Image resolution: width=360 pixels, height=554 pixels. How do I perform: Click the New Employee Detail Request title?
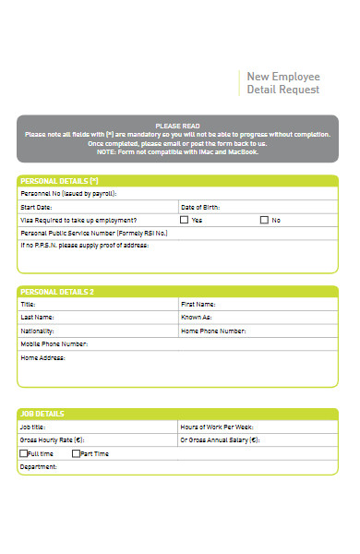coord(282,83)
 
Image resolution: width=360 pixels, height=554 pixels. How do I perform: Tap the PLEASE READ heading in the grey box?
coord(177,126)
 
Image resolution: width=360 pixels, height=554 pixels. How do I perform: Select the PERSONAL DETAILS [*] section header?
coord(59,181)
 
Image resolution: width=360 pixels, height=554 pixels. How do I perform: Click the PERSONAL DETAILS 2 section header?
coord(57,292)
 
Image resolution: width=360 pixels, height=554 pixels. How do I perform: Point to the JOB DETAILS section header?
coord(42,415)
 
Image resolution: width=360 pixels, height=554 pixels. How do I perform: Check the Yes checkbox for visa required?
coord(184,221)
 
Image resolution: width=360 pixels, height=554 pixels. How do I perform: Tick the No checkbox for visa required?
coord(264,221)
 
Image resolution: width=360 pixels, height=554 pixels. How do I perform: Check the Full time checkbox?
coord(23,454)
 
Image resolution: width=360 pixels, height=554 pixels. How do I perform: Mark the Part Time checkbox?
coord(77,454)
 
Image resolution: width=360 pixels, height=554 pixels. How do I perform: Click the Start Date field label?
coord(36,208)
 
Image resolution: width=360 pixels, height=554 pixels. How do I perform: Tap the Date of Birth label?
coord(202,208)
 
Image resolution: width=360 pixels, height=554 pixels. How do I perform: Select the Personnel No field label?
coord(68,195)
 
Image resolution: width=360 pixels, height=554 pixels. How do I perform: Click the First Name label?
coord(198,304)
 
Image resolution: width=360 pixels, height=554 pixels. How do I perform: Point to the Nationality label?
coord(37,331)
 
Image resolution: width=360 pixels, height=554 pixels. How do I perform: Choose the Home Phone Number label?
coord(213,331)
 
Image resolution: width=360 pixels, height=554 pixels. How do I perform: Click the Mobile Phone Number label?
coord(54,344)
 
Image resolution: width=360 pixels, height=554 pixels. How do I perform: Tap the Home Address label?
coord(42,357)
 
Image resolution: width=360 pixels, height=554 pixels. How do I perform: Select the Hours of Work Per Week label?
coord(217,428)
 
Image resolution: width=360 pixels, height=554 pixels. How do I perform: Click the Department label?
coord(39,467)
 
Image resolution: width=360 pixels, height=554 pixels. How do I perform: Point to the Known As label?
coord(197,317)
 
